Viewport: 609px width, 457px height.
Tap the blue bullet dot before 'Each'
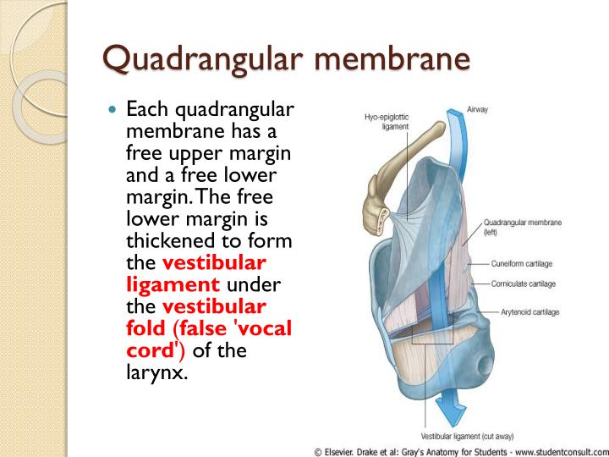pos(115,110)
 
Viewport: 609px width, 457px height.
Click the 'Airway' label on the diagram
pos(477,109)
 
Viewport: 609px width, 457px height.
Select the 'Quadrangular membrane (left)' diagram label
pos(523,227)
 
